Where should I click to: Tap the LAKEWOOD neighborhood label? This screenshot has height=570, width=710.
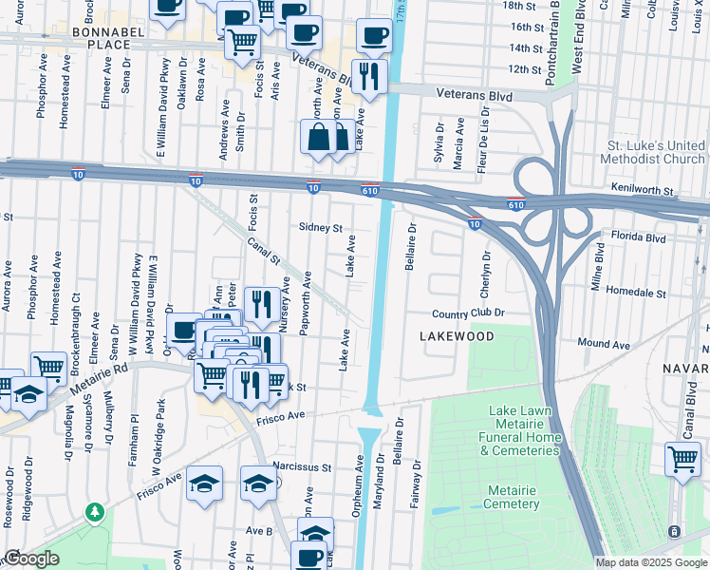pyautogui.click(x=457, y=336)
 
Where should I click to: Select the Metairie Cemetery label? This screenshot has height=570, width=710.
pyautogui.click(x=513, y=497)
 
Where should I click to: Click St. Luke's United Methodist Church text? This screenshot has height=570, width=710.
pyautogui.click(x=656, y=152)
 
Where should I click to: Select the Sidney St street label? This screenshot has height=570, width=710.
pyautogui.click(x=320, y=228)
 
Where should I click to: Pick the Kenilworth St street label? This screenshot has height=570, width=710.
pyautogui.click(x=642, y=190)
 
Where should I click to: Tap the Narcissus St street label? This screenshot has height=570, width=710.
pyautogui.click(x=301, y=467)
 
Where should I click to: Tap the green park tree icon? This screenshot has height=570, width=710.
pyautogui.click(x=95, y=512)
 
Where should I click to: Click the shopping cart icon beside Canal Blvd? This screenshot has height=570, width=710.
pyautogui.click(x=682, y=460)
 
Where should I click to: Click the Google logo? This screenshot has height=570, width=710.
pyautogui.click(x=31, y=559)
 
